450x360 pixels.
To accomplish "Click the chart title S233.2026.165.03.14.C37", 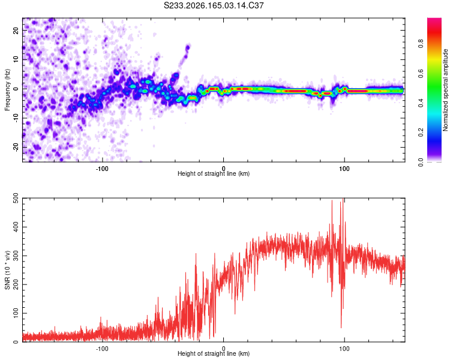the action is coord(214,5).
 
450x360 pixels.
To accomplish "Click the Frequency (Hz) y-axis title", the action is coord(7,90).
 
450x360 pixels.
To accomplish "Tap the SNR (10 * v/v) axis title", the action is coord(7,270).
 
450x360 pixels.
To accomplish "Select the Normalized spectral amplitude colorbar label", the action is coord(445,90).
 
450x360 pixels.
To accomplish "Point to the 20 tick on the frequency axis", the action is coord(16,30).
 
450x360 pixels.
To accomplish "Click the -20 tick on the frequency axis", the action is coord(16,147).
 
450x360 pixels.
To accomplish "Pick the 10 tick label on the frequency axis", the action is coord(16,59).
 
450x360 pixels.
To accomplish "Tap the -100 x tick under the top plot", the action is coord(102,169).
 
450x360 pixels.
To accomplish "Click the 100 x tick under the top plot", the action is coord(344,169).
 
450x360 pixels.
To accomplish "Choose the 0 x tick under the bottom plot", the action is coord(223,349).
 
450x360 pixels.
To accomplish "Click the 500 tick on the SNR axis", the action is coord(16,198).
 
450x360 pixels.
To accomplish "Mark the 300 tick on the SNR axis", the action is coord(16,256).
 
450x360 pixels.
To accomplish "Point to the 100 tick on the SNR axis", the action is coord(16,313).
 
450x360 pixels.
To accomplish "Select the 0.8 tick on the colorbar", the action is coord(421,44).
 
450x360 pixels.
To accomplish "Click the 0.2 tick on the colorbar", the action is coord(421,133).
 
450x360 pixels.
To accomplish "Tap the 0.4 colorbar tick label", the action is coord(421,103).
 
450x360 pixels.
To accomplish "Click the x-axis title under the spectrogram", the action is coord(214,173).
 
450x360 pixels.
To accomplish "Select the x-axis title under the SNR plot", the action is coord(214,353).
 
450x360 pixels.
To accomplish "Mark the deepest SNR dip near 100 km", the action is coord(341,328).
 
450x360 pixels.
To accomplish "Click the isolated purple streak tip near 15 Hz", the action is coord(188,47).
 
